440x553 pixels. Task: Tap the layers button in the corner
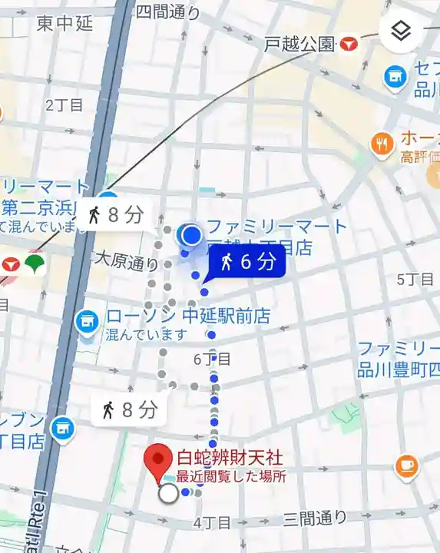coord(400,31)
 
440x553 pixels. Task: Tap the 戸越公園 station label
coord(300,44)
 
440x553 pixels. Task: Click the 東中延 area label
coord(65,24)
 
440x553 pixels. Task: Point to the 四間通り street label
coord(167,12)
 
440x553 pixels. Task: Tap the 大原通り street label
coord(125,263)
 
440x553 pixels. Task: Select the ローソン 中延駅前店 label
coord(188,316)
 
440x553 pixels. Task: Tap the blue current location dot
coord(191,234)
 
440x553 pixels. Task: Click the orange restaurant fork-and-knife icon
coord(381,143)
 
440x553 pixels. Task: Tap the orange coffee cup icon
coord(406,465)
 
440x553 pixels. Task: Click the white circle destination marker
coord(167,493)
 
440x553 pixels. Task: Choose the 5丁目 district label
coord(415,279)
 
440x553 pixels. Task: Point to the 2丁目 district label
coord(65,105)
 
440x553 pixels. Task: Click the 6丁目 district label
coord(212,359)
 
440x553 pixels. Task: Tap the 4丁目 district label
coord(212,523)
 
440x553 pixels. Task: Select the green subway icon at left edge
coord(35,264)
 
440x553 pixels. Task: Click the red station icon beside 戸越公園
coord(349,44)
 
